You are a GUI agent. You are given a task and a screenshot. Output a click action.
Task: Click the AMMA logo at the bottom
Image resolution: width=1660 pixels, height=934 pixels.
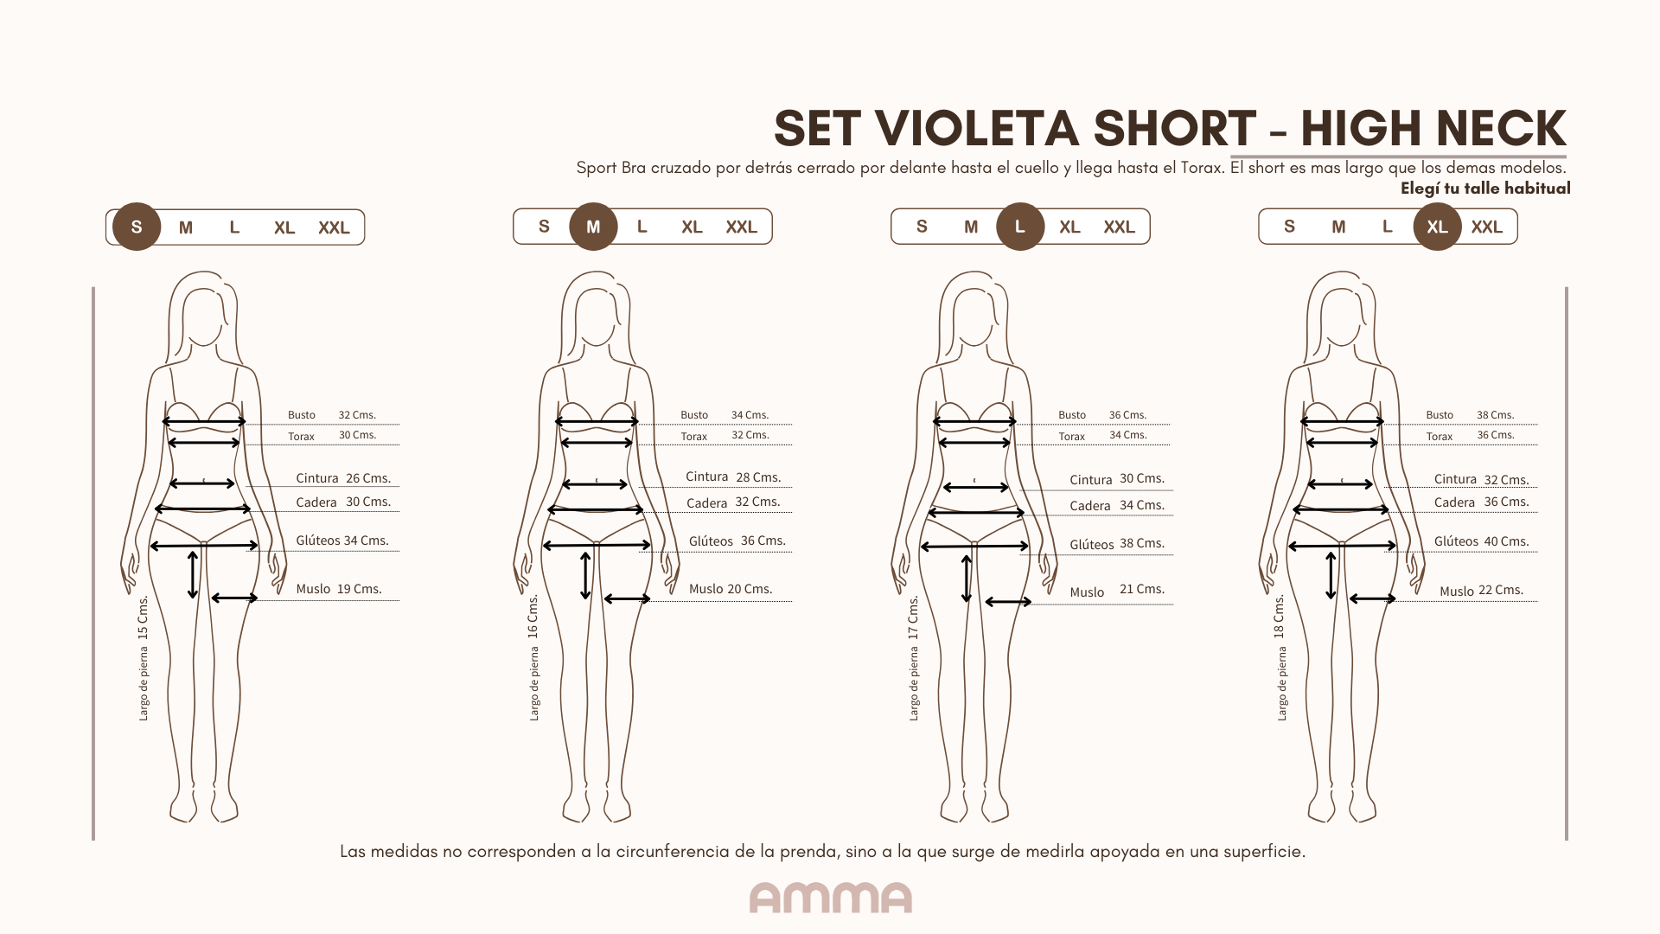click(x=830, y=898)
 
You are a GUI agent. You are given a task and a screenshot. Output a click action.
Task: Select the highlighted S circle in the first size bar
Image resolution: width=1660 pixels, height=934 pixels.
click(x=137, y=227)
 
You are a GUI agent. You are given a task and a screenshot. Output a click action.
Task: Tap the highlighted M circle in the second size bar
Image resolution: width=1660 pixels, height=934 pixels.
click(x=593, y=227)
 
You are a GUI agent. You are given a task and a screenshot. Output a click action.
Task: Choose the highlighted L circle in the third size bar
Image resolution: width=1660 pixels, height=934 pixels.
click(x=1020, y=227)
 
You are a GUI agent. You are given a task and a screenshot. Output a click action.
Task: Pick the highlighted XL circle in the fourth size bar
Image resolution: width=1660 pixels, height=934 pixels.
click(x=1437, y=227)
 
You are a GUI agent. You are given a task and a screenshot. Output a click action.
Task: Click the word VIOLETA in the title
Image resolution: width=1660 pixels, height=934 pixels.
click(x=978, y=129)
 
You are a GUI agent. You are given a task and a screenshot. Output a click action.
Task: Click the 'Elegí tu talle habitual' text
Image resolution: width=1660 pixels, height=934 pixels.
click(x=1485, y=189)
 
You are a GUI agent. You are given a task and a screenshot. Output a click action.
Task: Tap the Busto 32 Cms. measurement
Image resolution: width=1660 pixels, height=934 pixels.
click(x=332, y=415)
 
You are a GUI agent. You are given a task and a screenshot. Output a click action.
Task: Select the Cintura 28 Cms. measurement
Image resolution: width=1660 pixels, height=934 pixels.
click(x=733, y=477)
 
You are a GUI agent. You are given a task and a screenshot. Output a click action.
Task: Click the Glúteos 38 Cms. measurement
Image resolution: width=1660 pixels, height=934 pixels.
click(x=1117, y=544)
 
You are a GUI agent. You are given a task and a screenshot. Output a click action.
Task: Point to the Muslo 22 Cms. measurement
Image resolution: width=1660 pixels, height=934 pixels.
click(x=1481, y=591)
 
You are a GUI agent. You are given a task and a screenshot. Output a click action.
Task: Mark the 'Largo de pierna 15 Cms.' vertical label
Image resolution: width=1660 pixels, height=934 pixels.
click(x=144, y=658)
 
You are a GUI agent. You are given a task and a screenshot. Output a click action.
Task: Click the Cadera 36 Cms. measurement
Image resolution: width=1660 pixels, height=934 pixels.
click(x=1482, y=502)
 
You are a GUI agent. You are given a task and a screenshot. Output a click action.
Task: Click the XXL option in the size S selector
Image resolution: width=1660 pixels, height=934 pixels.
click(x=334, y=227)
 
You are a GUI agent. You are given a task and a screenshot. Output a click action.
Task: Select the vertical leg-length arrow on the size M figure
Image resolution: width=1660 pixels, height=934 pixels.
click(x=585, y=576)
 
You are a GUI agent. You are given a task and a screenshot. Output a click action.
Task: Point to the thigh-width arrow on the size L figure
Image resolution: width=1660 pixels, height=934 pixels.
click(x=1008, y=602)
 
